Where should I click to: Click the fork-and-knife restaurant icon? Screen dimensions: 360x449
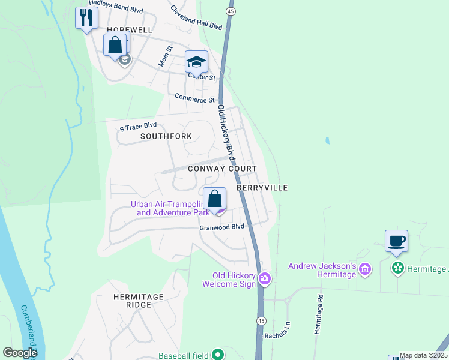click(86, 17)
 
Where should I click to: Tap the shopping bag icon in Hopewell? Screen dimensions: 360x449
click(115, 45)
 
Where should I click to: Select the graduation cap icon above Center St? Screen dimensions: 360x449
click(196, 62)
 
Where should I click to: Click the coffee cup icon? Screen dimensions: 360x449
click(396, 241)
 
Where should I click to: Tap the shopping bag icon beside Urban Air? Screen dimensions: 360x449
click(214, 199)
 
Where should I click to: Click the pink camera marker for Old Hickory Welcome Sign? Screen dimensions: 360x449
click(265, 279)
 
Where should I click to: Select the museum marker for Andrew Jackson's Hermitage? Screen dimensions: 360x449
click(365, 270)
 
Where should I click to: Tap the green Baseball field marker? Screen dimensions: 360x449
click(217, 355)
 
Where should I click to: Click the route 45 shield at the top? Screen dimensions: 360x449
click(231, 11)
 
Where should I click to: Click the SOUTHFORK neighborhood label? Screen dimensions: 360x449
click(166, 136)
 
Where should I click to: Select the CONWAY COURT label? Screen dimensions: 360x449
click(222, 169)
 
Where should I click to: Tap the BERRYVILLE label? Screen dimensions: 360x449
click(262, 188)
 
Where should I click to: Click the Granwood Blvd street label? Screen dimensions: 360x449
click(222, 227)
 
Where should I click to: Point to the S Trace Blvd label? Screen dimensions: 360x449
click(138, 126)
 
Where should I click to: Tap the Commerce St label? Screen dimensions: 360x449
click(194, 97)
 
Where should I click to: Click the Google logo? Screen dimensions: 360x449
click(20, 353)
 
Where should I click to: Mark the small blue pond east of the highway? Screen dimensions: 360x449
click(327, 141)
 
